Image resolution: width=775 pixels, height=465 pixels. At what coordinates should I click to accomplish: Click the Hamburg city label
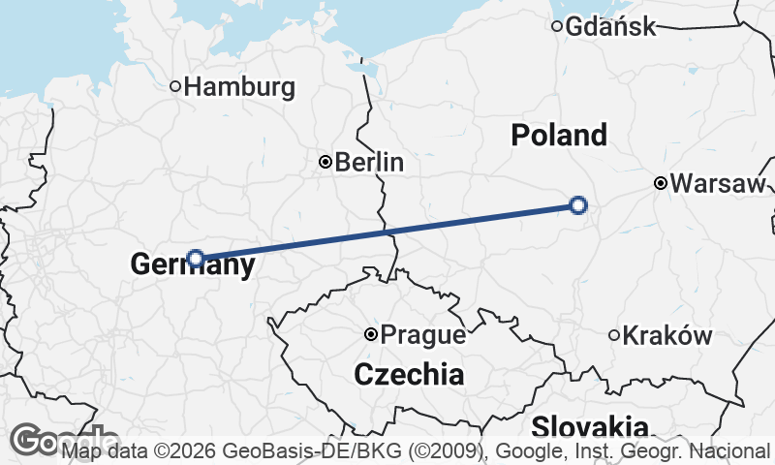pyautogui.click(x=239, y=87)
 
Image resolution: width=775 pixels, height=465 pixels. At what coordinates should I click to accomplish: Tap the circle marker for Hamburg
pyautogui.click(x=175, y=86)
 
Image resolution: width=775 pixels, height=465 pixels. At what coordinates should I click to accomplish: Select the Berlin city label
pyautogui.click(x=369, y=162)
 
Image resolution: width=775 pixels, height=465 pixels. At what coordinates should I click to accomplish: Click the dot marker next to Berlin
pyautogui.click(x=325, y=162)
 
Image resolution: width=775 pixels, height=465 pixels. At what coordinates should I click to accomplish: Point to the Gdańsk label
pyautogui.click(x=611, y=26)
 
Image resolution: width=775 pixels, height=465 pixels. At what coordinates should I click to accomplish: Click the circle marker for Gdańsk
pyautogui.click(x=557, y=26)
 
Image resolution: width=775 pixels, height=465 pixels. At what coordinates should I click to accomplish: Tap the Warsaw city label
pyautogui.click(x=718, y=183)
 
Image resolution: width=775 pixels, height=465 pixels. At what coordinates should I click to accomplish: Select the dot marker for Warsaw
pyautogui.click(x=660, y=183)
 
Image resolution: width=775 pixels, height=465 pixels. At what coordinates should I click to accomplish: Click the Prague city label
pyautogui.click(x=423, y=335)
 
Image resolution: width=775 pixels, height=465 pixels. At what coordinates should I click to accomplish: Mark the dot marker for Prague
pyautogui.click(x=370, y=334)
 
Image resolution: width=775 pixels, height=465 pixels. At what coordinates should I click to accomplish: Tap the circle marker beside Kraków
pyautogui.click(x=614, y=335)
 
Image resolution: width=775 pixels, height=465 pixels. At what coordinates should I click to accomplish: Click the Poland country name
pyautogui.click(x=559, y=135)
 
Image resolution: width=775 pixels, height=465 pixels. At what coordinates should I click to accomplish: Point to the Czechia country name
pyautogui.click(x=409, y=373)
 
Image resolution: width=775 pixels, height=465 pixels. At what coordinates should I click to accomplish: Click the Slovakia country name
pyautogui.click(x=590, y=426)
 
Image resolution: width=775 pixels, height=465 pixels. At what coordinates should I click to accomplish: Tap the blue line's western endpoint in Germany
pyautogui.click(x=196, y=258)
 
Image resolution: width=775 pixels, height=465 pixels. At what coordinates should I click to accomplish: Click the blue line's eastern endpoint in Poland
pyautogui.click(x=578, y=204)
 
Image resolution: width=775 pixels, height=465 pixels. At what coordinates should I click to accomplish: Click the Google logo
pyautogui.click(x=39, y=440)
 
